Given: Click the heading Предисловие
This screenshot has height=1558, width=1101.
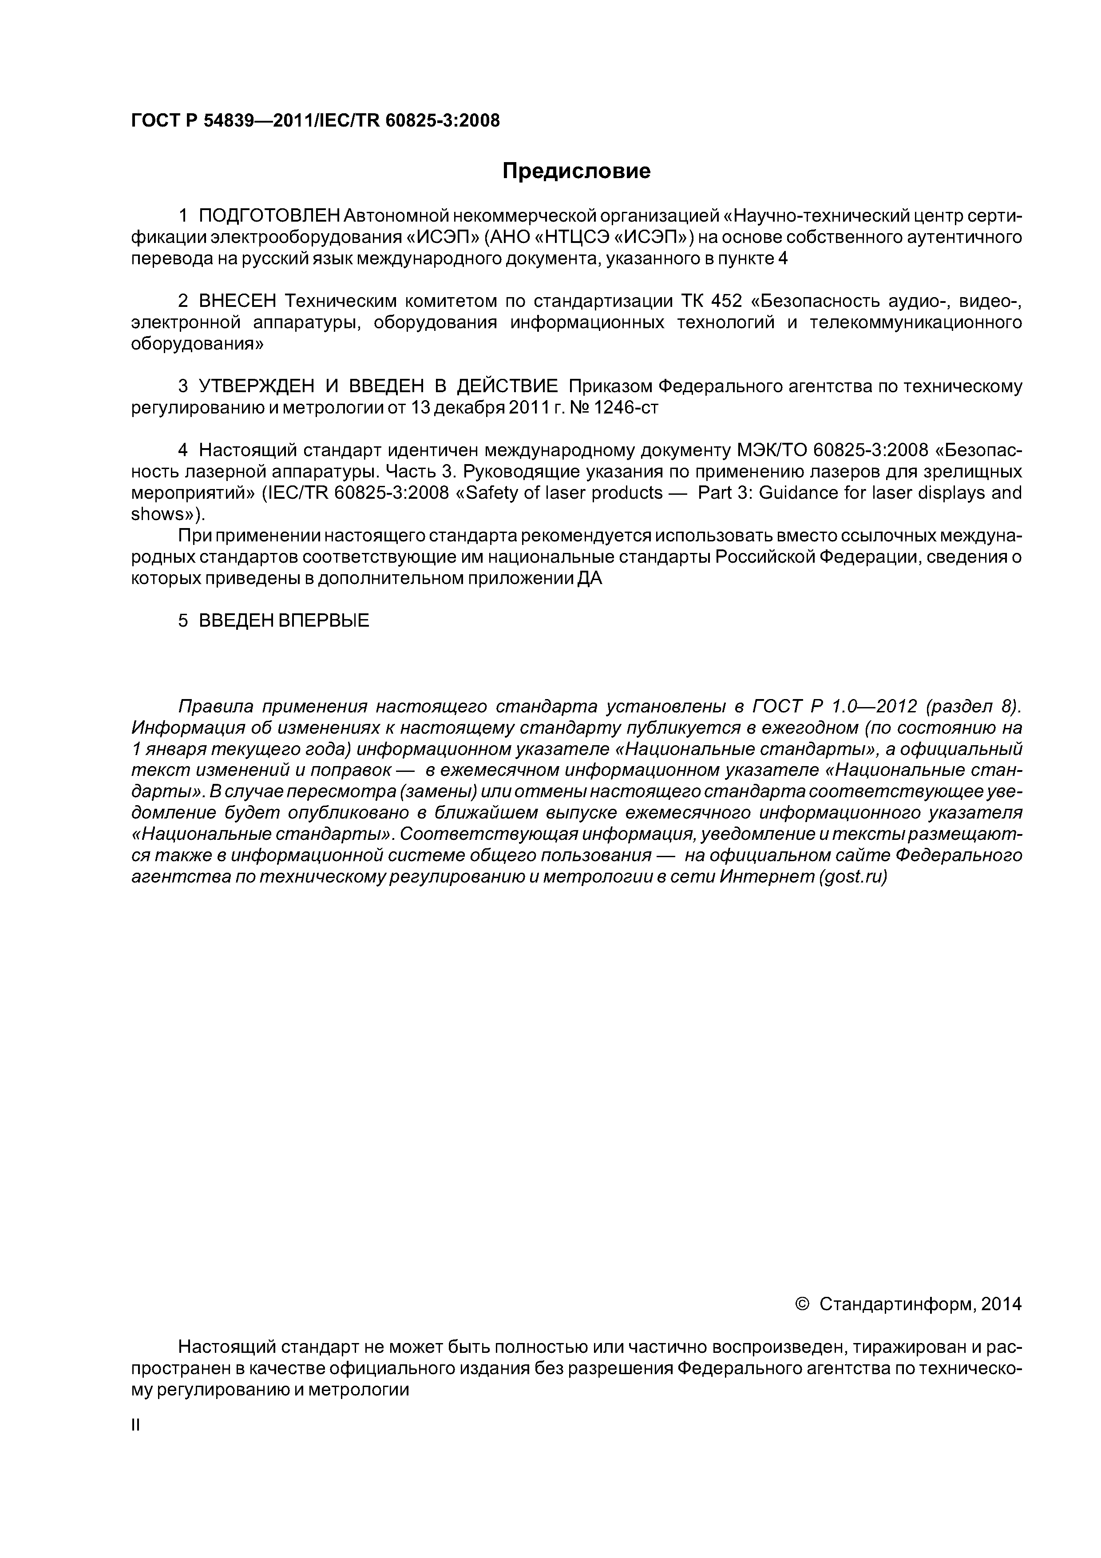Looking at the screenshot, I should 576,171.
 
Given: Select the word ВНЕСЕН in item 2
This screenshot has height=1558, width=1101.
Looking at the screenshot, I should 238,301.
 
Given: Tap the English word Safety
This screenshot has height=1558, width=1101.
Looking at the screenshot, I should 499,493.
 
